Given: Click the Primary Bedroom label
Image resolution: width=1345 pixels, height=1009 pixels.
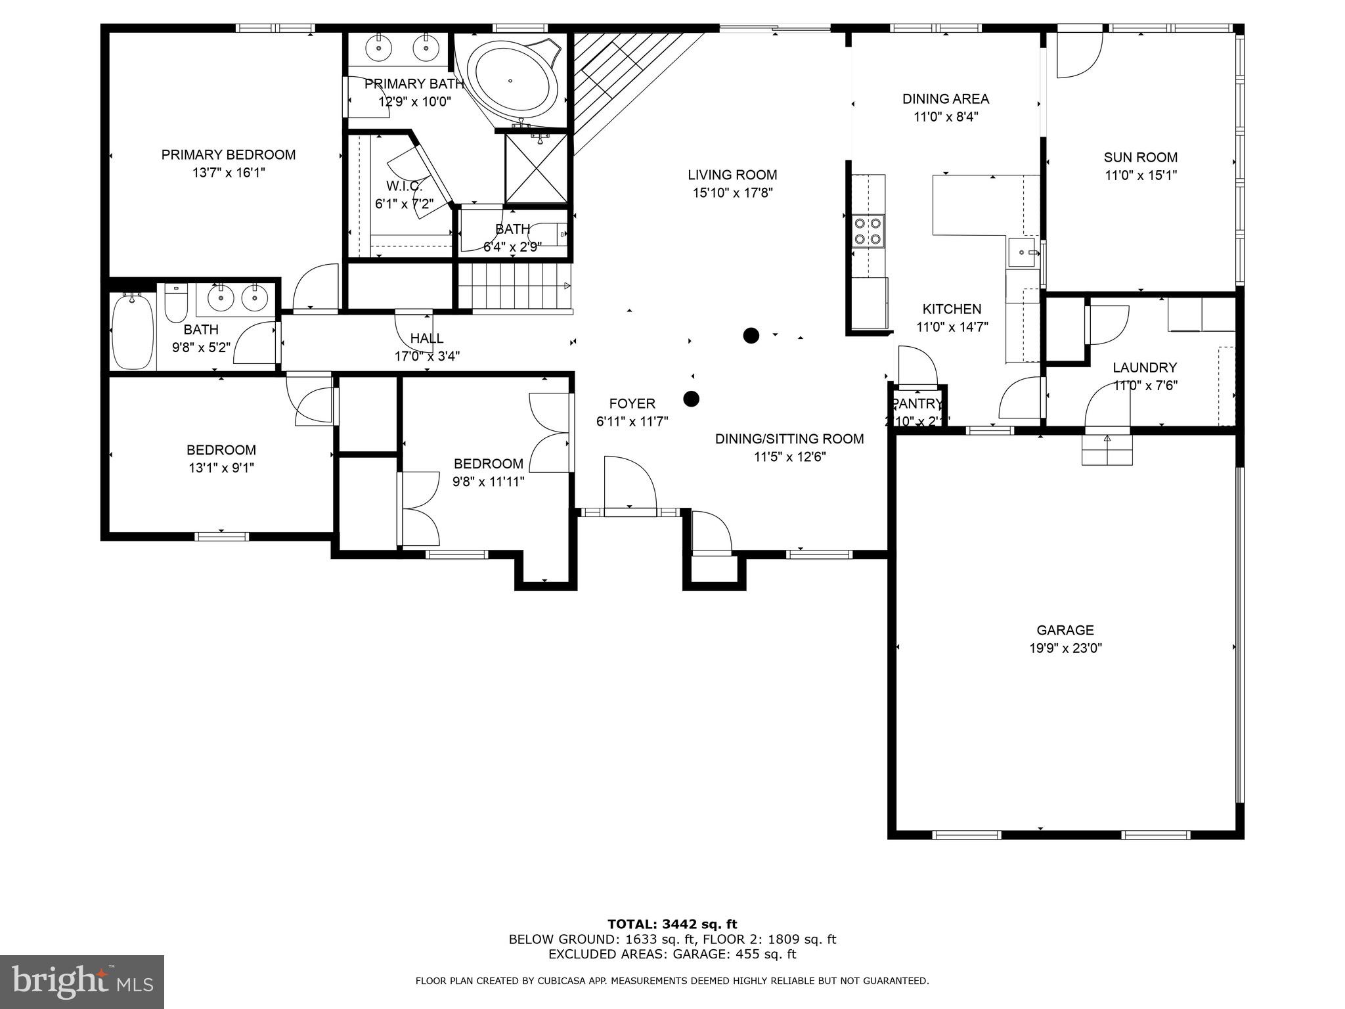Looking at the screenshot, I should [229, 155].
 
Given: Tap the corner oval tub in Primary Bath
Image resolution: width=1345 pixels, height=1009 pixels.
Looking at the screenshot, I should [510, 81].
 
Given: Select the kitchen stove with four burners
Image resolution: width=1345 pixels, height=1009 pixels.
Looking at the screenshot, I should [868, 231].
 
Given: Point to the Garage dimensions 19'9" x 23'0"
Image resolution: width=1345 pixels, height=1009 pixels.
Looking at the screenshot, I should [1065, 648].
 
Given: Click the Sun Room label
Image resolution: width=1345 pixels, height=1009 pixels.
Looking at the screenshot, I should [1140, 158].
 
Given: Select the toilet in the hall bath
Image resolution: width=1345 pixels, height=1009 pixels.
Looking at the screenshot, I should [175, 303].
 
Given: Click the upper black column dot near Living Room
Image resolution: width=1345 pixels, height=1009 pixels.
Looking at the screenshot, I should [751, 336].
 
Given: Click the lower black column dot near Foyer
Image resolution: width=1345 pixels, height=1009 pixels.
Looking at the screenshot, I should [691, 399].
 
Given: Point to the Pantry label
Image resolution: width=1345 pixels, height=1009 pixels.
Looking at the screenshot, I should [917, 404].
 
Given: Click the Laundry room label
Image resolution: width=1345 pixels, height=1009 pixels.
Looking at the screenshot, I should [1145, 368].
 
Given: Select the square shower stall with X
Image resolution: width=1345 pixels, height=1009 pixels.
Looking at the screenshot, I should [535, 168].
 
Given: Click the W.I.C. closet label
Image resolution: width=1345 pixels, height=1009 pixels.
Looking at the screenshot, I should [404, 187].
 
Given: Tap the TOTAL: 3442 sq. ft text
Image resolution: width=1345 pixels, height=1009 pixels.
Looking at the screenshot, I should [672, 924].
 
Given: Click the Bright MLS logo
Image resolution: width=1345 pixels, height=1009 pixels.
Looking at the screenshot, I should [82, 981].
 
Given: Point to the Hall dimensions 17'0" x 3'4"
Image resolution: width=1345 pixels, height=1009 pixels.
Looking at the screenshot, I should [427, 357].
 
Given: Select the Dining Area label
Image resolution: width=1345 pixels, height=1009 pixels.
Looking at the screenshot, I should [945, 99].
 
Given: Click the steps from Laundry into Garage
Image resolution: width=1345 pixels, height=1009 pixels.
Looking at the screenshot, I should [1107, 451].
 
